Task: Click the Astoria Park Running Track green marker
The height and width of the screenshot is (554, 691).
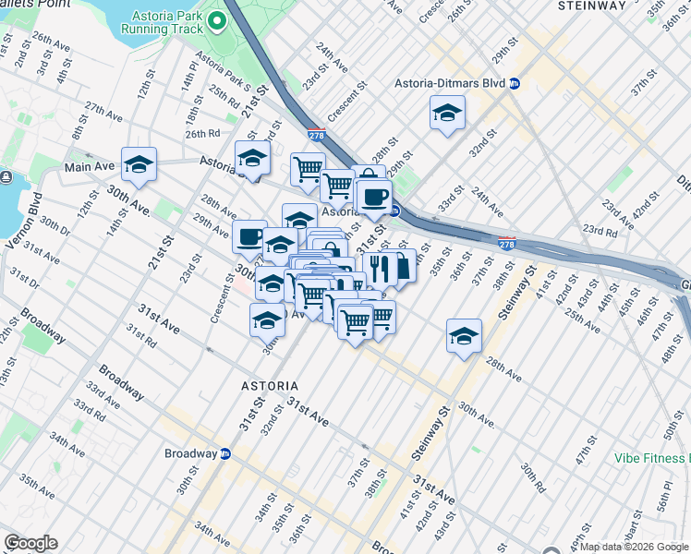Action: click(218, 19)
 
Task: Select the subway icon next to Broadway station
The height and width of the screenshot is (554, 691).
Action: click(225, 453)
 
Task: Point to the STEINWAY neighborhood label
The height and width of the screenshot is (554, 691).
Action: click(592, 6)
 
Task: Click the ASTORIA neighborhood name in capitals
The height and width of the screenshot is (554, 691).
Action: click(268, 385)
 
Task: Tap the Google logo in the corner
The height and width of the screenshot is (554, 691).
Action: click(30, 543)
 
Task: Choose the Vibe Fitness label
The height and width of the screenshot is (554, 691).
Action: click(652, 458)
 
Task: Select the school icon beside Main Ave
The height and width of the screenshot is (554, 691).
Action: click(139, 164)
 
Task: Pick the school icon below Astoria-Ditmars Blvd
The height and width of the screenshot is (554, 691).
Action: click(447, 113)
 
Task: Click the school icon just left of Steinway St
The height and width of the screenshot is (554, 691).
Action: click(464, 336)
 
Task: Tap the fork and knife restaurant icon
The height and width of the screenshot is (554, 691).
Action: click(379, 268)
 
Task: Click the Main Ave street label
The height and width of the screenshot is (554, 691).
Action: click(89, 167)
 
